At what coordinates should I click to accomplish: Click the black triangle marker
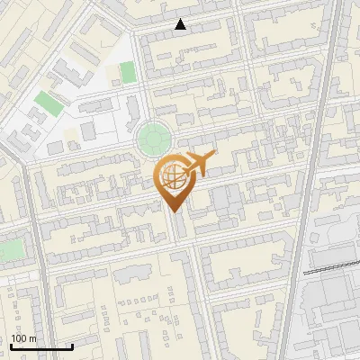181,24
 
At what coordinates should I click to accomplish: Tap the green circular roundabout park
154,139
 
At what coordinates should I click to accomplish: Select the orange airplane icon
196,165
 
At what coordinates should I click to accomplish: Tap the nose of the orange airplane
213,155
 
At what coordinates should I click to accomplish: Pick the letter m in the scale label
33,338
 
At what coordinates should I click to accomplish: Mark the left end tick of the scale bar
10,346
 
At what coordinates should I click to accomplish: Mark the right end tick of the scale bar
72,346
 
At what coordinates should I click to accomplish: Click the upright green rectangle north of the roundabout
129,72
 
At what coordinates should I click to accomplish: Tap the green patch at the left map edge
9,249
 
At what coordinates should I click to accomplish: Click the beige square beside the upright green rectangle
112,73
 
